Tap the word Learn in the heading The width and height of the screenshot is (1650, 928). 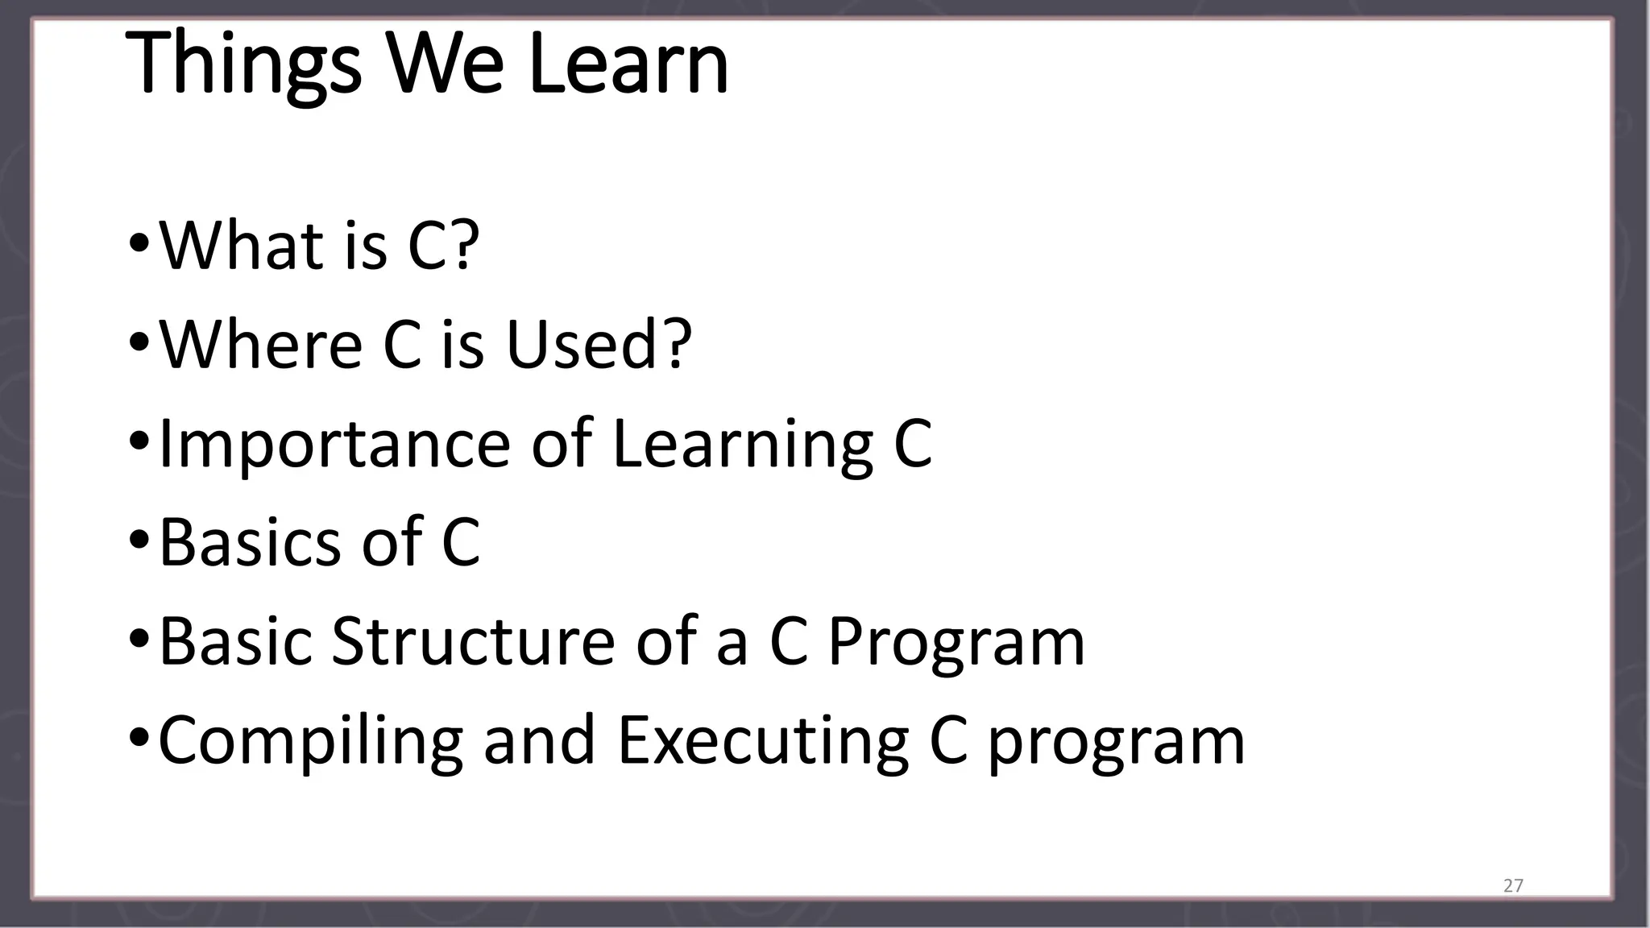[x=628, y=64]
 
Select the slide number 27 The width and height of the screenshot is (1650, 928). [x=1513, y=886]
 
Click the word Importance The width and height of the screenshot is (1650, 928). [x=334, y=444]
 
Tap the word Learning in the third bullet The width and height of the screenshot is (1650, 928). [x=742, y=444]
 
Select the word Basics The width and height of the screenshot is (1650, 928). [x=250, y=542]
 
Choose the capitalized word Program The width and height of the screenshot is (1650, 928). [x=956, y=643]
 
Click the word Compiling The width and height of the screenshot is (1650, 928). [x=310, y=741]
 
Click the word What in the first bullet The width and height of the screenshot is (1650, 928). [x=234, y=245]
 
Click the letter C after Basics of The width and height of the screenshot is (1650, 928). [x=461, y=542]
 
